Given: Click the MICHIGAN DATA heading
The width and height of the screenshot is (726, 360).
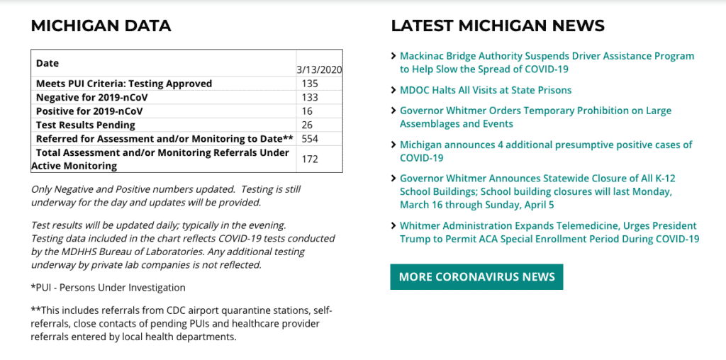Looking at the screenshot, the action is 101,26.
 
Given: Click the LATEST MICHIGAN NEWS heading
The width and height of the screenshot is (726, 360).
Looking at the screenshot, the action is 498,26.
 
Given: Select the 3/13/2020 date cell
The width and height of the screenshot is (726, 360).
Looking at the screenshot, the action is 319,70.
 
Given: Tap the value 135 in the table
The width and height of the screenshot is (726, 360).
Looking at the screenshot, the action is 310,84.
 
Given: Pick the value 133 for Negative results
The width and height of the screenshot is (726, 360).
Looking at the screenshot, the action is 310,98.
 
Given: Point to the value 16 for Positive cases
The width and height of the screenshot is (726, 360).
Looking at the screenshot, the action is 307,111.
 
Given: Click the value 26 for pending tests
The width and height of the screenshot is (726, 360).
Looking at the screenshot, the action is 307,125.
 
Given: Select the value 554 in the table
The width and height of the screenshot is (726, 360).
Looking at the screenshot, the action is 310,139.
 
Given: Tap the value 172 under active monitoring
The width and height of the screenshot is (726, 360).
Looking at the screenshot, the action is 310,159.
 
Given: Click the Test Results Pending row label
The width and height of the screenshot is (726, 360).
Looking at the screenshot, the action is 86,125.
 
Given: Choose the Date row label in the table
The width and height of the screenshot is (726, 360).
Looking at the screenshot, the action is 48,63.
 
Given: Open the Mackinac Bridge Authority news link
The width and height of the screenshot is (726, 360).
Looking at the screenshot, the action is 547,62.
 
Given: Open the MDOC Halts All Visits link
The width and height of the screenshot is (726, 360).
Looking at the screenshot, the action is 486,90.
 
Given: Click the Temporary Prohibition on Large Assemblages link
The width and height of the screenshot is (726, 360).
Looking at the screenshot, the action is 535,118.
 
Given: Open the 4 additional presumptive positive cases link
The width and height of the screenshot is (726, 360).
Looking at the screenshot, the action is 546,152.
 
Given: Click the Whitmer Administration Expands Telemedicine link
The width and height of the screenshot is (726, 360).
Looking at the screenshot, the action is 549,232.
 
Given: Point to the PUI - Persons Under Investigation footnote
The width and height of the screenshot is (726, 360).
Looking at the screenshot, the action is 108,288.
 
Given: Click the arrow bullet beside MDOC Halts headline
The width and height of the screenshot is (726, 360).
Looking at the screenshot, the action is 393,90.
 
